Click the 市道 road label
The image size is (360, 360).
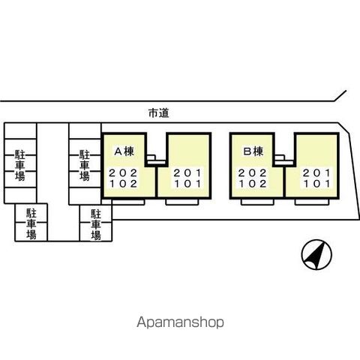159,113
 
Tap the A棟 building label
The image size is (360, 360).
124,151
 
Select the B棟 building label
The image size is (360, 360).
253,151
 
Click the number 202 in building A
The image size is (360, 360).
123,172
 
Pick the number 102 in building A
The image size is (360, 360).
123,184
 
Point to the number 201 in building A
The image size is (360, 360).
187,172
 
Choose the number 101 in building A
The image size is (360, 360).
187,184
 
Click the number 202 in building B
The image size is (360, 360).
252,172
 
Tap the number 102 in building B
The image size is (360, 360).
252,184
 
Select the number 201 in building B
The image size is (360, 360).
316,172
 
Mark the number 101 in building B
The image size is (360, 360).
316,184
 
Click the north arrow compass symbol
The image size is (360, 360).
316,255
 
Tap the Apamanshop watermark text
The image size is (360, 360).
180,322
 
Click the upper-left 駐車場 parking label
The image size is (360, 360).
20,165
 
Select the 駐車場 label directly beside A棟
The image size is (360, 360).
85,165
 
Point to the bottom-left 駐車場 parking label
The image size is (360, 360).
31,224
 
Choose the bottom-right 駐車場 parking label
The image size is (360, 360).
96,225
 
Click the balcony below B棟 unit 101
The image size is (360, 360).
311,202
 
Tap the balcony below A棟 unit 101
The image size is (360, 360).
182,202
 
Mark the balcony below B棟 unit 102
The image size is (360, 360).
258,202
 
